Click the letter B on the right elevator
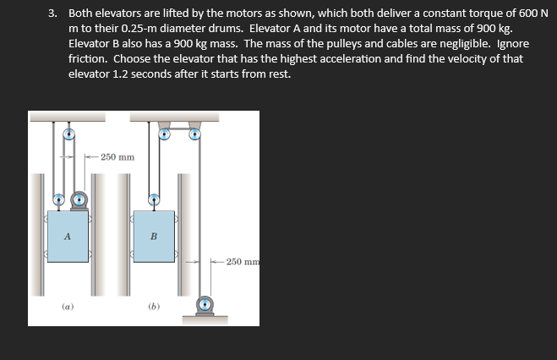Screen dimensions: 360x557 click(x=154, y=235)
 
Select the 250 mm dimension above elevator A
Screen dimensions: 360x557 click(x=116, y=156)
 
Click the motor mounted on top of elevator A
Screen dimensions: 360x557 click(x=79, y=200)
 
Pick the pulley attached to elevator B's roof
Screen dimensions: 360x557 click(x=154, y=200)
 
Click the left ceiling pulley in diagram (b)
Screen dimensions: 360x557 click(x=165, y=133)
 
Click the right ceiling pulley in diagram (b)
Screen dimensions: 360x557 click(x=195, y=133)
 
